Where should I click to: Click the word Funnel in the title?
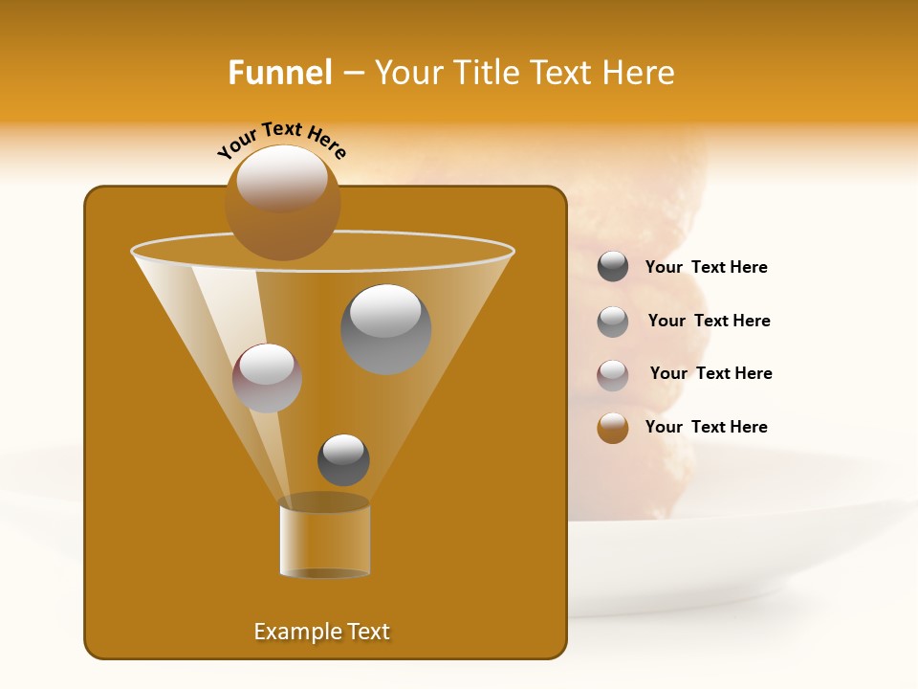(279, 73)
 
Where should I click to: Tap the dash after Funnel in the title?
(353, 74)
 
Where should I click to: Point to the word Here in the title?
(639, 73)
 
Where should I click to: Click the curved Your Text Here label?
(281, 140)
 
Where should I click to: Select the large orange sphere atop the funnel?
(283, 203)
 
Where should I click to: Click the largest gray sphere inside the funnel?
(386, 329)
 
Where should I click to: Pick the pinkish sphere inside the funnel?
(268, 378)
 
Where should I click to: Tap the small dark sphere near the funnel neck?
(343, 459)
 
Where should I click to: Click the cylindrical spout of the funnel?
(324, 538)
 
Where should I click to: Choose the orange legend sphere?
(613, 428)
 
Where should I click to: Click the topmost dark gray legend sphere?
(613, 266)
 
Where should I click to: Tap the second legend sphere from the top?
(613, 322)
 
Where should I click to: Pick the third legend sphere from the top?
(613, 375)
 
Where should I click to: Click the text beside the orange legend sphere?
(707, 427)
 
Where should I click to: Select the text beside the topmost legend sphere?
(707, 267)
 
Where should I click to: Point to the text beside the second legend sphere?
(709, 321)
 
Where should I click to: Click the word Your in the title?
(409, 73)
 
